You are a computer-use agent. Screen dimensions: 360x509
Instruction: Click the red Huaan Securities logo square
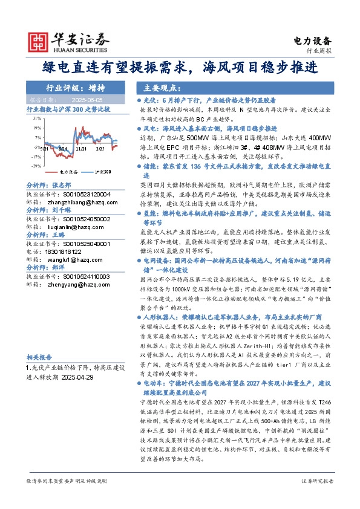[x=39, y=41]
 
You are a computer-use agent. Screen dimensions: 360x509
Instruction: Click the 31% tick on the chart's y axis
[x=38, y=119]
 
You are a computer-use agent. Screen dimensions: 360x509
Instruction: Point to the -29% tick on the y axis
[x=38, y=166]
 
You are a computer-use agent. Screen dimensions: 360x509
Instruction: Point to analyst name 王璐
[x=58, y=235]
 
